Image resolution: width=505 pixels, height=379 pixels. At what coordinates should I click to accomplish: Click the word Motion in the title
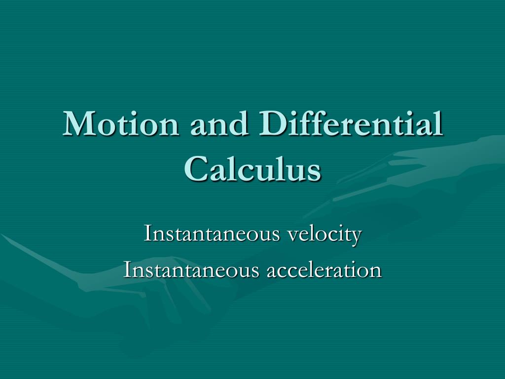pos(121,123)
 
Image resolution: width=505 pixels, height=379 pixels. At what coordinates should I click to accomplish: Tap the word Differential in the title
pos(351,123)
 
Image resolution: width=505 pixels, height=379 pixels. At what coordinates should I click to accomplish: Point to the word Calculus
pos(253,168)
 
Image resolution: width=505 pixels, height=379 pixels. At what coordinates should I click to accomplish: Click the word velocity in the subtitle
pos(325,234)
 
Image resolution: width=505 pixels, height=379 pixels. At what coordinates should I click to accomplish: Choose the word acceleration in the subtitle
pos(325,270)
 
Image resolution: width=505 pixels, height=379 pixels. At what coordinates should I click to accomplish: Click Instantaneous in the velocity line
pos(212,233)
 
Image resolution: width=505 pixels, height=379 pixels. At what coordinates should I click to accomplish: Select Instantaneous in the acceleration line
pos(191,269)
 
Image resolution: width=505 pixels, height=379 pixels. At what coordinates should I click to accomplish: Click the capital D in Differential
pos(273,124)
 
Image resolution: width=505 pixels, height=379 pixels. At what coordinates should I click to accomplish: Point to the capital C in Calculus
pos(197,169)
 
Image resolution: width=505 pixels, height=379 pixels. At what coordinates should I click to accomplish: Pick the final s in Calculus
pos(314,173)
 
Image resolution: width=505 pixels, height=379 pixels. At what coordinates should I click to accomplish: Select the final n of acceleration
pos(375,272)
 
